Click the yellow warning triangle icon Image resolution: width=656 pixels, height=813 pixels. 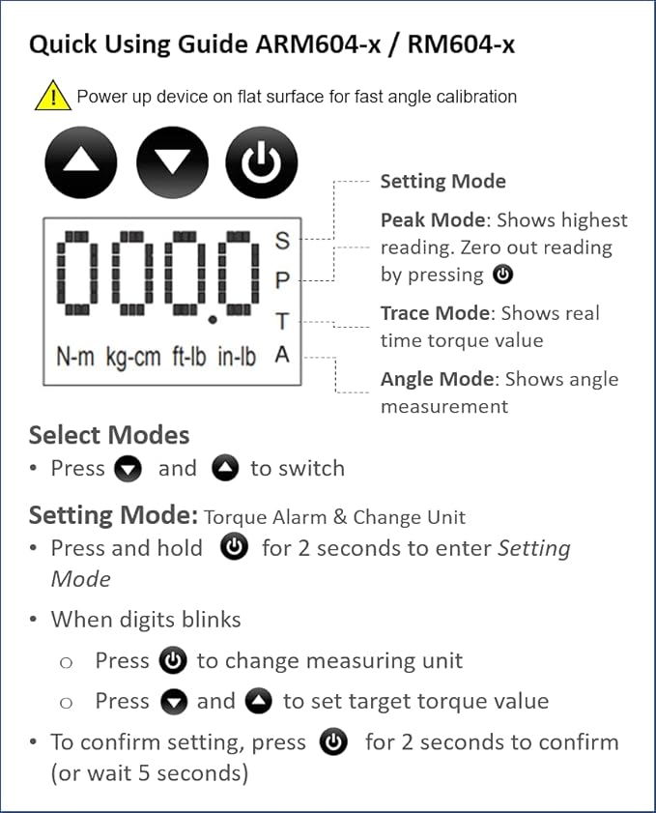pyautogui.click(x=53, y=96)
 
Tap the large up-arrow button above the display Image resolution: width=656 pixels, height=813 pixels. pyautogui.click(x=81, y=162)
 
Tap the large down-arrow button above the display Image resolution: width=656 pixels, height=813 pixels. pyautogui.click(x=173, y=162)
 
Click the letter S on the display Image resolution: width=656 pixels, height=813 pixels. pyautogui.click(x=282, y=240)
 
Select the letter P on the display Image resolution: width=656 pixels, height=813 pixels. pyautogui.click(x=282, y=280)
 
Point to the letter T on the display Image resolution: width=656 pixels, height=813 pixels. pyautogui.click(x=282, y=322)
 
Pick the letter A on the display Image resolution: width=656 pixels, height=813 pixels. pyautogui.click(x=282, y=355)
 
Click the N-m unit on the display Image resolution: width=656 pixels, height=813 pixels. pyautogui.click(x=75, y=357)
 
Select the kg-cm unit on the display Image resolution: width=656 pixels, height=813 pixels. pyautogui.click(x=133, y=358)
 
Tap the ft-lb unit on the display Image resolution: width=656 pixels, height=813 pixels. pyautogui.click(x=189, y=357)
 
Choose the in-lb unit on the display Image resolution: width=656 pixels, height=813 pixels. pyautogui.click(x=237, y=357)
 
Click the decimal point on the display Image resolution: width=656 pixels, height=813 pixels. pyautogui.click(x=212, y=320)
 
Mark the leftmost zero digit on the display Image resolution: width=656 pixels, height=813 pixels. pyautogui.click(x=77, y=274)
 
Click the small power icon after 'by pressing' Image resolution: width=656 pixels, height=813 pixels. pyautogui.click(x=502, y=275)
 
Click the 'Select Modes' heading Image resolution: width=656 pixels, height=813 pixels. pyautogui.click(x=109, y=435)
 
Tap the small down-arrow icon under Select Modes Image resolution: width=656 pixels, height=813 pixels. pyautogui.click(x=128, y=469)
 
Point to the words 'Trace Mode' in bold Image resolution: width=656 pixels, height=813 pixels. pyautogui.click(x=435, y=313)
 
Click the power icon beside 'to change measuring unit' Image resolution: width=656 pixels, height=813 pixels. pyautogui.click(x=173, y=661)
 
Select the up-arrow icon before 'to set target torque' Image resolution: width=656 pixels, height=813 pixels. pyautogui.click(x=259, y=701)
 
